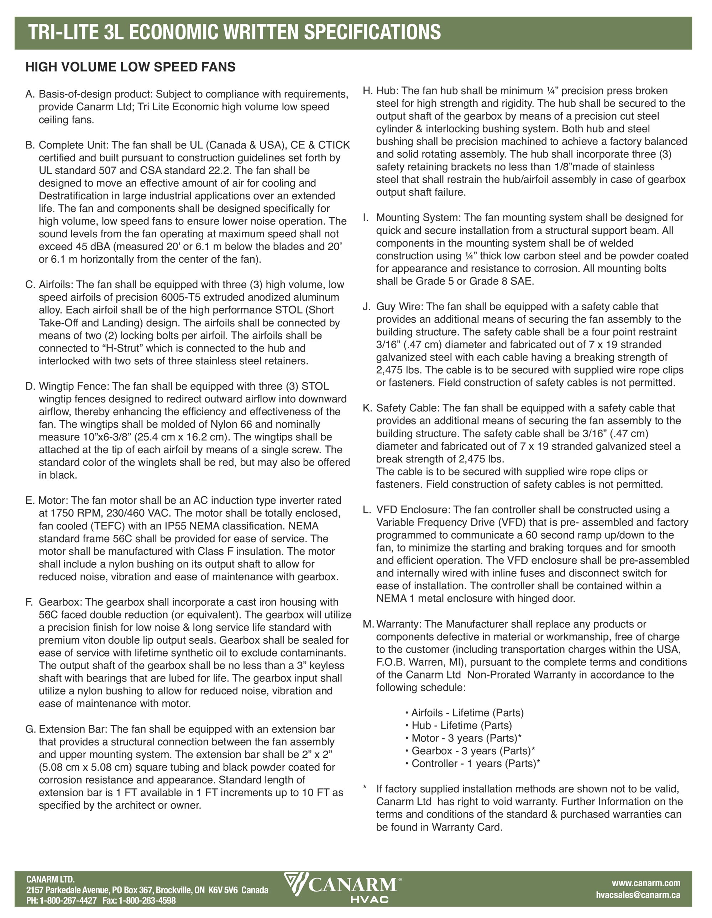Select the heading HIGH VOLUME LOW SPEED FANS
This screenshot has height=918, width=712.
click(130, 67)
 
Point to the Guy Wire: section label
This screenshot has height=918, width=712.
click(399, 307)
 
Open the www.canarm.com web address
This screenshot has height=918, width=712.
click(645, 883)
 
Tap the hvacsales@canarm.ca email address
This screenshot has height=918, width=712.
click(638, 895)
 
